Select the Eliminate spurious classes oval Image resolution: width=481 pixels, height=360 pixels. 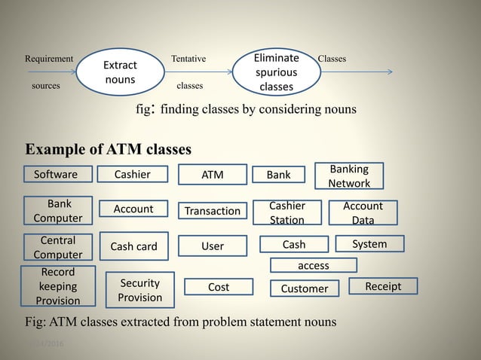click(276, 72)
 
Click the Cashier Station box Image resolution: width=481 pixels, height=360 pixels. click(286, 213)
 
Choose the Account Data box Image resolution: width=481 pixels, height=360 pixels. click(363, 213)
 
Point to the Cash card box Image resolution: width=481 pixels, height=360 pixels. click(133, 246)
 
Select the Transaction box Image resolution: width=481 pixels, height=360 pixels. click(213, 211)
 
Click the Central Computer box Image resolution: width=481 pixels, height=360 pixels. click(58, 247)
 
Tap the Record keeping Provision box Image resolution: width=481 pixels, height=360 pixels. click(58, 286)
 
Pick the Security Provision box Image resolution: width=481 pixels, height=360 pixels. click(139, 290)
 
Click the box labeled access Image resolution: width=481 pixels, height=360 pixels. click(314, 265)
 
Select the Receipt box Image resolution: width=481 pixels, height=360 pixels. click(383, 286)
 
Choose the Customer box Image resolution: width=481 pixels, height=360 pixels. click(305, 288)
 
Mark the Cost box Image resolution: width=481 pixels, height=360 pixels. click(219, 287)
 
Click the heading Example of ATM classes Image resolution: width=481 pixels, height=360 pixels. click(109, 148)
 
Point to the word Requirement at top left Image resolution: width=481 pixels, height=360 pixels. click(49, 59)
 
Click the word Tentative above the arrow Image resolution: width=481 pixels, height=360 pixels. click(188, 59)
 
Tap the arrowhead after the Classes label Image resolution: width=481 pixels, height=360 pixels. click(389, 73)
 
